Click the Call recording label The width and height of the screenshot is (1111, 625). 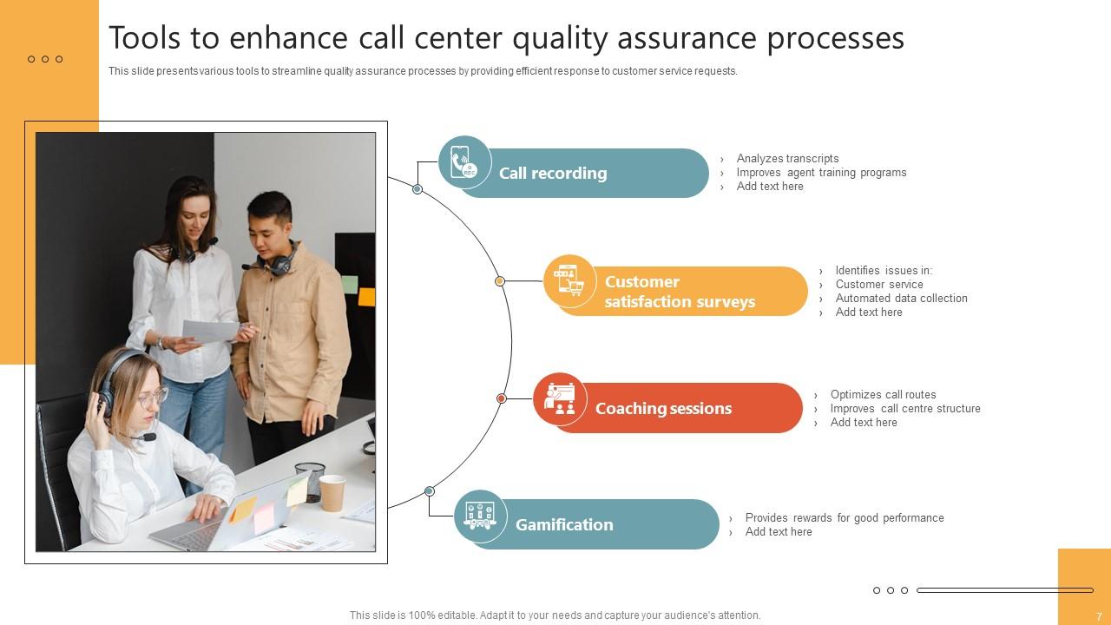tap(553, 174)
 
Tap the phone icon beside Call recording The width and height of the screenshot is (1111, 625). tap(464, 162)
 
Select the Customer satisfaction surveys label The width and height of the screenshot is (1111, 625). tap(680, 292)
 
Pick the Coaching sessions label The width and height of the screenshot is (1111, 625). tap(663, 409)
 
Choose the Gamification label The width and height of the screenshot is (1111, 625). tap(564, 525)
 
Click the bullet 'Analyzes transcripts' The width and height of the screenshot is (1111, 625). tap(787, 159)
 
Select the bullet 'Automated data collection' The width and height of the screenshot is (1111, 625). tap(901, 299)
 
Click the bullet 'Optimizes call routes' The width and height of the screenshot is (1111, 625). tap(883, 395)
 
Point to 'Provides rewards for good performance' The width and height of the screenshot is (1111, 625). tap(845, 518)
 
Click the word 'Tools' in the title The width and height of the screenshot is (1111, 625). tap(143, 39)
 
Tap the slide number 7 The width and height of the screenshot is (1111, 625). tap(1099, 616)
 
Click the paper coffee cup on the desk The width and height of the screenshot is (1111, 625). tap(332, 492)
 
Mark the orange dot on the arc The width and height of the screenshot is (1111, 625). tap(500, 281)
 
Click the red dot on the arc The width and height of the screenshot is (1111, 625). tap(502, 398)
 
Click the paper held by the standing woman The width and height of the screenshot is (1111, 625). tap(209, 331)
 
